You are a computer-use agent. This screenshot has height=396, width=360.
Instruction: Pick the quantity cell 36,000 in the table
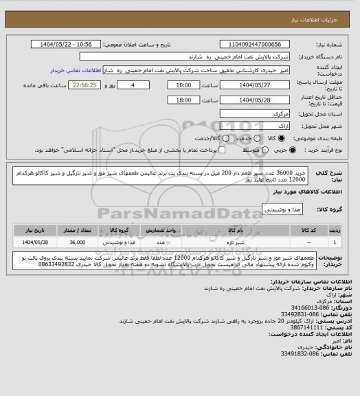(78, 242)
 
